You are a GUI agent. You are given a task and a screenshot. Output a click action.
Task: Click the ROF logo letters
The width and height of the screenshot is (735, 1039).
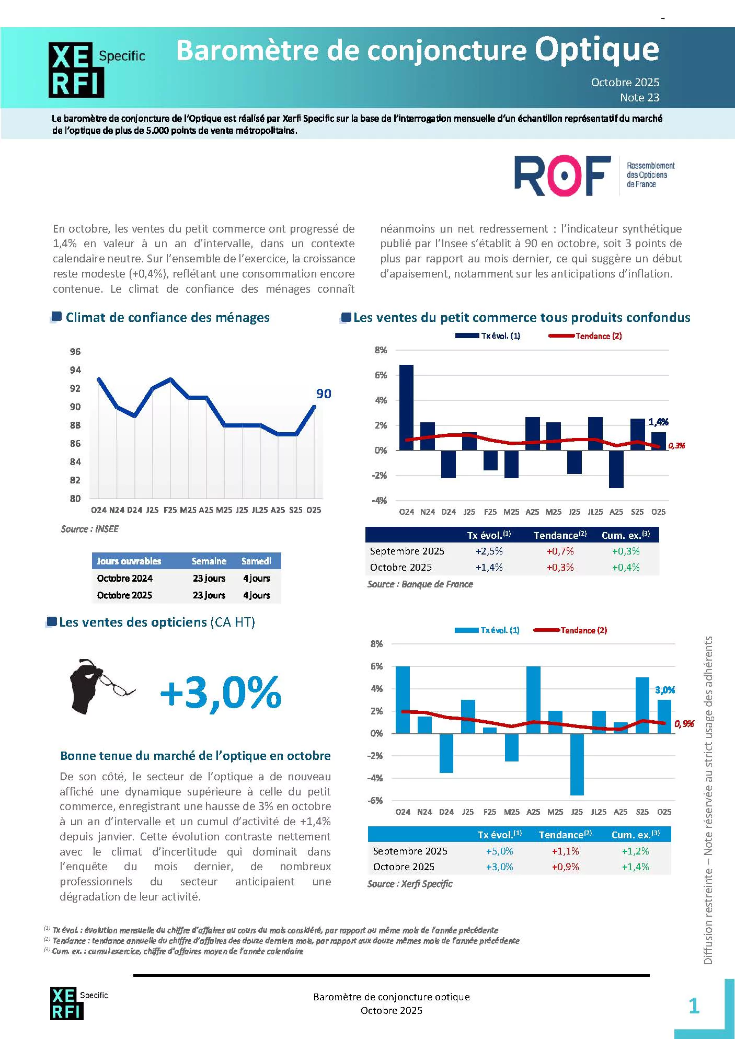[562, 175]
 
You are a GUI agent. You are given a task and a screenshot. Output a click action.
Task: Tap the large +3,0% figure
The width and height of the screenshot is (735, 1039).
[221, 692]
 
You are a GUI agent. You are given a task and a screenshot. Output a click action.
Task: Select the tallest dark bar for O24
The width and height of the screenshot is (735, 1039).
[406, 407]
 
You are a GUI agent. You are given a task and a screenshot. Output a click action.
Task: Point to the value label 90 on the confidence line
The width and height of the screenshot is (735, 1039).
[324, 394]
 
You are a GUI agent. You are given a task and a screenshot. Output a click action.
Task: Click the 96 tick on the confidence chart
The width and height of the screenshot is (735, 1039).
[75, 352]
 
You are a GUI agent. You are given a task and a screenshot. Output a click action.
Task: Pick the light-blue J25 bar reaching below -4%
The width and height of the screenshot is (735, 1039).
[577, 764]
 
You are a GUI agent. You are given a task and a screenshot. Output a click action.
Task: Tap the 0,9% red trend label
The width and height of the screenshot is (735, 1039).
[684, 724]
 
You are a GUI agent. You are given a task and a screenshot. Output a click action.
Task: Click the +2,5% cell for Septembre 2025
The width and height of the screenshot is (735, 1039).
[489, 551]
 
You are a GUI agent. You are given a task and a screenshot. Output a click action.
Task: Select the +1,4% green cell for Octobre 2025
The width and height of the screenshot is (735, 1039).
[635, 867]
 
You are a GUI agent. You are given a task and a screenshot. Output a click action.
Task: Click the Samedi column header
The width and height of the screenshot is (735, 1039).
[256, 561]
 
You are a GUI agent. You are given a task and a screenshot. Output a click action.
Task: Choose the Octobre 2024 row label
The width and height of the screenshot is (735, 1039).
[124, 578]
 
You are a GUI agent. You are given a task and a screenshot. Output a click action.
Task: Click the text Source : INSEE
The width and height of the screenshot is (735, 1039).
[89, 529]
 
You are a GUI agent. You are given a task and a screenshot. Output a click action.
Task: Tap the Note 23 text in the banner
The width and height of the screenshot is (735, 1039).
[639, 97]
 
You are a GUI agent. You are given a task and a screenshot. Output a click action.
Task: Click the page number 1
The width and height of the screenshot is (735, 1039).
[694, 1006]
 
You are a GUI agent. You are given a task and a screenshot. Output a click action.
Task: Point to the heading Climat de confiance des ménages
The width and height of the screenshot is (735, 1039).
[167, 317]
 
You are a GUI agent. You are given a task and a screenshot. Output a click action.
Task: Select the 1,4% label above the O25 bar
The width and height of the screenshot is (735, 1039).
[658, 422]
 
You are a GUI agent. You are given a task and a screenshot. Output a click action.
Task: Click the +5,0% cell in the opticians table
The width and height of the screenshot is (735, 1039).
[499, 851]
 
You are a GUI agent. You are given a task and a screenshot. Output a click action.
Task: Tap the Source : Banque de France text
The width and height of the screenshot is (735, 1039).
[420, 584]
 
